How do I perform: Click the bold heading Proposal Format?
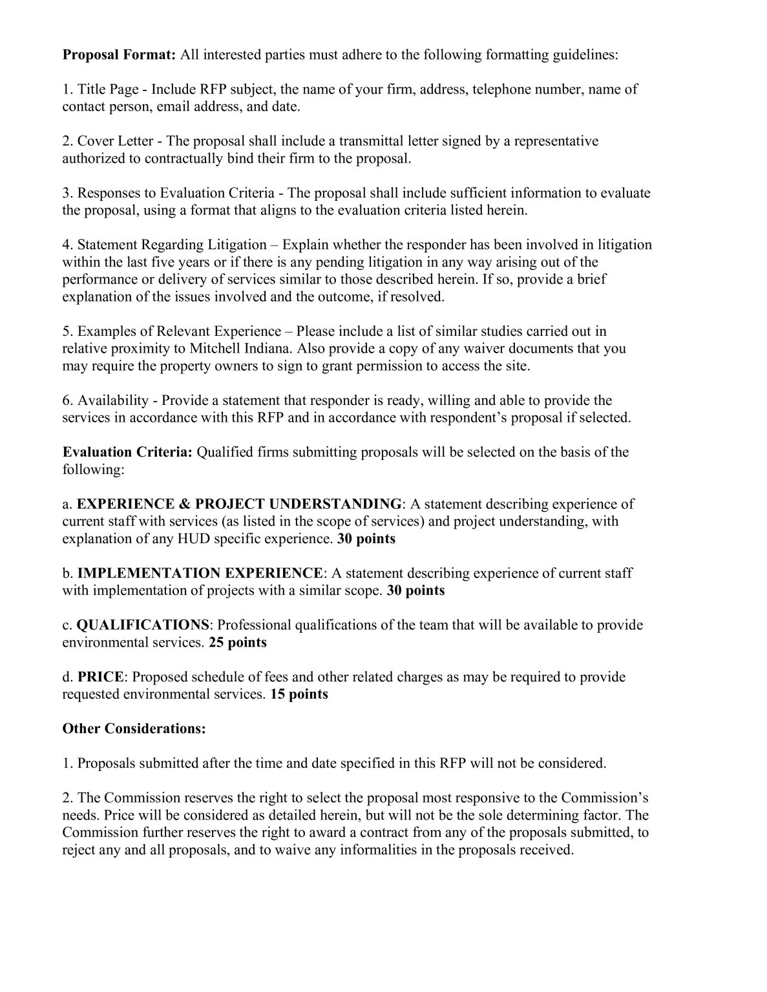coord(119,55)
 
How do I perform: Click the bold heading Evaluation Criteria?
coord(127,452)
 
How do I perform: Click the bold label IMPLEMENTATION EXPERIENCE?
coord(200,573)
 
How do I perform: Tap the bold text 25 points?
coord(238,643)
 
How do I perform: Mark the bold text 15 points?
coord(299,694)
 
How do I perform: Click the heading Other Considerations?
coord(134,728)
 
